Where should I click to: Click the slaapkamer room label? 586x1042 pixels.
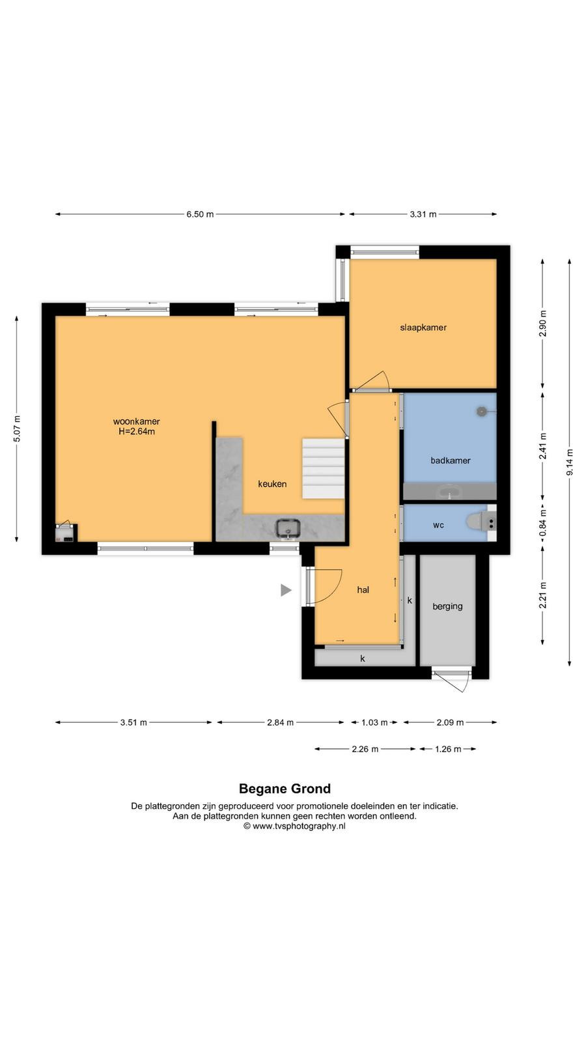[423, 328]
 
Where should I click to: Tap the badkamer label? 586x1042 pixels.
[450, 460]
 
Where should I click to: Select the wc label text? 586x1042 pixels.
[438, 525]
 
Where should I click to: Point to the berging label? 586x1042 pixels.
[447, 606]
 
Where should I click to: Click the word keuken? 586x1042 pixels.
[272, 484]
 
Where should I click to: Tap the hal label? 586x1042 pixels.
[363, 590]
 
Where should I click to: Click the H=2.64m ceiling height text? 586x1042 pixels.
[137, 432]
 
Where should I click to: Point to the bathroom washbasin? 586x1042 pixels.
[449, 491]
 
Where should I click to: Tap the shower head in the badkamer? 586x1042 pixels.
[482, 411]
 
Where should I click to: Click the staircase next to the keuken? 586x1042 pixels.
[323, 468]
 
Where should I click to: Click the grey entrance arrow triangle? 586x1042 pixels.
[286, 590]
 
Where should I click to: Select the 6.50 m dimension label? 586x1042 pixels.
[200, 214]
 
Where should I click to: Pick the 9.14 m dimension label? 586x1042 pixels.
[570, 462]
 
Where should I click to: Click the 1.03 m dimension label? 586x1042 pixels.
[374, 722]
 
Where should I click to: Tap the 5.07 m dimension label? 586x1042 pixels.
[17, 429]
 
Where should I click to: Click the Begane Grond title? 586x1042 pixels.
[285, 789]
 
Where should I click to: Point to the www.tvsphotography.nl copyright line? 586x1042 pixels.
[294, 826]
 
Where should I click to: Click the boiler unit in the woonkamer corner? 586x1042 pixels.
[66, 533]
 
